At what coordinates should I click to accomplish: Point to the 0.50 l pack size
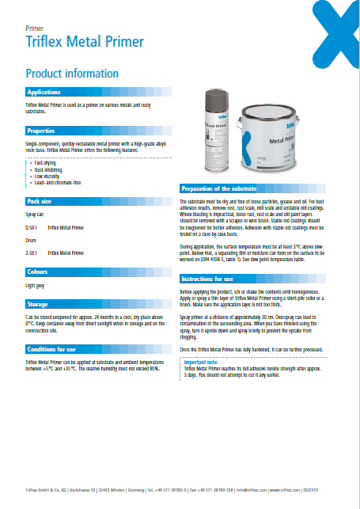[31, 226]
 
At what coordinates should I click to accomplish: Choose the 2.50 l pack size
[31, 253]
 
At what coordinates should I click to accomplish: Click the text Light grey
[36, 284]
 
